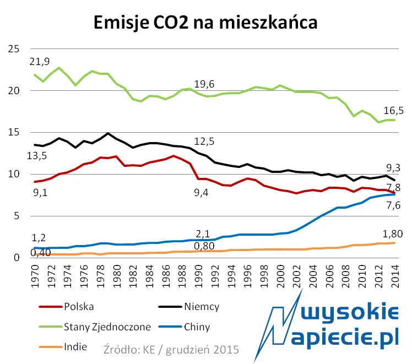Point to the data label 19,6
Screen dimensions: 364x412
tap(204, 84)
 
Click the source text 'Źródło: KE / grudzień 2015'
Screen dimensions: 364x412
tap(171, 349)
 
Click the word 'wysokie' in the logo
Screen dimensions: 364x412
tap(353, 314)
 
